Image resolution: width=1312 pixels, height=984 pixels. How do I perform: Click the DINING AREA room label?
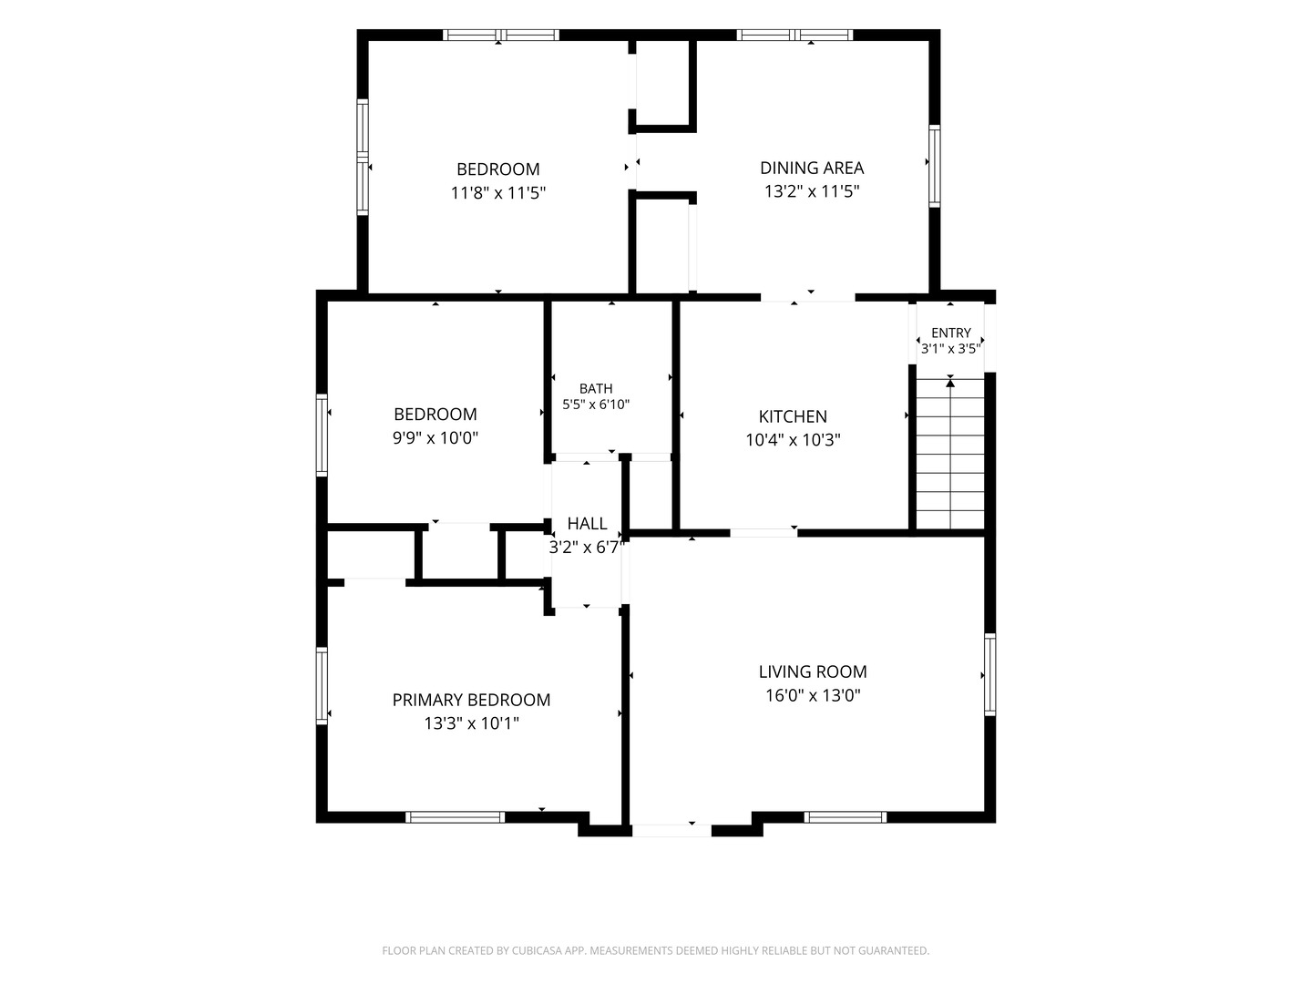coord(811,168)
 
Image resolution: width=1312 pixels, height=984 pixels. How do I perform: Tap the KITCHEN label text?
coord(793,416)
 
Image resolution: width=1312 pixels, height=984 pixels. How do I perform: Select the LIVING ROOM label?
coord(813,671)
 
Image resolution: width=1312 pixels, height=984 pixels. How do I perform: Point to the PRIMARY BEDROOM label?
coord(471,700)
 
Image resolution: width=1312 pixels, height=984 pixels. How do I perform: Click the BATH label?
coord(596,389)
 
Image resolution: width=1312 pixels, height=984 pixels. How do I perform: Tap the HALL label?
coord(587,523)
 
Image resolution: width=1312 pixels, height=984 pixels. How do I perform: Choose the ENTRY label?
coord(951,333)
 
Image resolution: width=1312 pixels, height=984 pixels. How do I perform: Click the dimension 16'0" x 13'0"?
coord(813,695)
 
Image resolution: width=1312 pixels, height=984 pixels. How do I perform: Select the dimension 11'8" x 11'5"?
coord(497,193)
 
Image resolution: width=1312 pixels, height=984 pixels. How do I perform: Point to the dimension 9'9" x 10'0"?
coord(436,438)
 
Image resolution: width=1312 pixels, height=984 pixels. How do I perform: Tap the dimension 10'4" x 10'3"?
coord(793,440)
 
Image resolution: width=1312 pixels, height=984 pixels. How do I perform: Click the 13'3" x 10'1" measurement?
coord(471,723)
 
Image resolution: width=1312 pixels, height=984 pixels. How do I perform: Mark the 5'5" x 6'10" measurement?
coord(596,405)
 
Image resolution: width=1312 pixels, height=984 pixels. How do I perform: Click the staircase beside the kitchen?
coord(949,454)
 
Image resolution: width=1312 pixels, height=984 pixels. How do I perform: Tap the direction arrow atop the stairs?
coord(950,383)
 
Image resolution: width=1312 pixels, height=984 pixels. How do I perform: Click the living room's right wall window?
coord(989,674)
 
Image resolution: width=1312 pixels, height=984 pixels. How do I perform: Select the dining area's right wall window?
coord(934,166)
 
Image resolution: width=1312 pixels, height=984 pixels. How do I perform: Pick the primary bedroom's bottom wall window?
coord(455,817)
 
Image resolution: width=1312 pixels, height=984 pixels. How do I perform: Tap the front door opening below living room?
coord(671,830)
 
